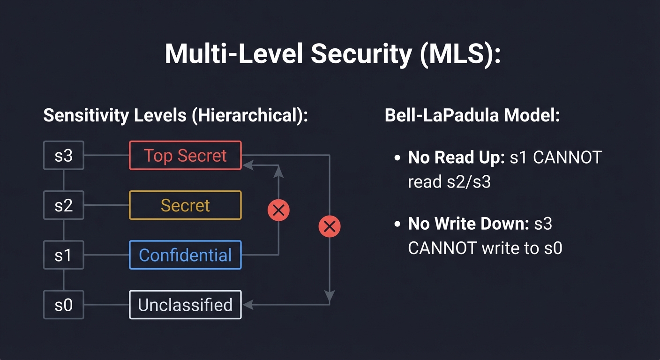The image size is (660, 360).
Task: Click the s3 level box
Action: [64, 155]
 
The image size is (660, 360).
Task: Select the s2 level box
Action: [64, 205]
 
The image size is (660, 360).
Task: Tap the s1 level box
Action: [64, 255]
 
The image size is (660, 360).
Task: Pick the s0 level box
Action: [64, 305]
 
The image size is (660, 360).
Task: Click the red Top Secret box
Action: [185, 155]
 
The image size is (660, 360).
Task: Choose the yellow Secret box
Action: [185, 205]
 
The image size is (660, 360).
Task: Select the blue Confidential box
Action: [185, 255]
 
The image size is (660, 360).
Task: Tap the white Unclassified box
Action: [185, 305]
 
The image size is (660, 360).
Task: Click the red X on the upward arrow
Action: [278, 210]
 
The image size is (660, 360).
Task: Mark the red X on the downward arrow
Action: [329, 227]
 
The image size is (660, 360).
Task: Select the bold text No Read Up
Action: [455, 158]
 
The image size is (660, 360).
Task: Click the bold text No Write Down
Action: [465, 224]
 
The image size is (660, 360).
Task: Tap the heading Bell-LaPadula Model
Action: [472, 115]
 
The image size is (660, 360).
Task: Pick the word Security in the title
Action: [361, 54]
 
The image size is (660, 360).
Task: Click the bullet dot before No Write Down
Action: [397, 225]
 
